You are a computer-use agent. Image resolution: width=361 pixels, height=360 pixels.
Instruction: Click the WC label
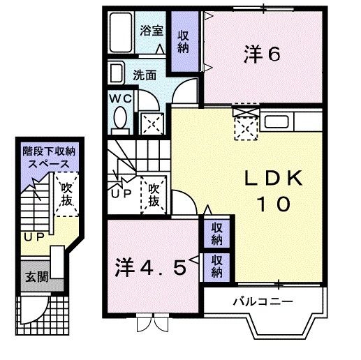pyautogui.click(x=117, y=98)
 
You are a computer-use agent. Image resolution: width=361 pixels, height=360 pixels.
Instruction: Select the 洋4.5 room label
pyautogui.click(x=151, y=268)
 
